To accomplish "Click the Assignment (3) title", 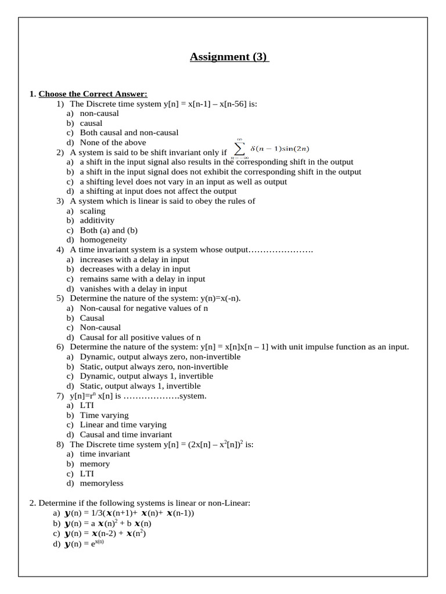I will [229, 57].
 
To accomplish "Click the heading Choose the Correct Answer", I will [93, 94].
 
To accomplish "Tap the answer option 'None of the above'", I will [113, 143].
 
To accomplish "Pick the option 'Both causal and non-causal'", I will [129, 133].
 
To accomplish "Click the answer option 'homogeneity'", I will [103, 240].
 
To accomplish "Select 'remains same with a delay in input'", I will [142, 279].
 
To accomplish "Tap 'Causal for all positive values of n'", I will [140, 338].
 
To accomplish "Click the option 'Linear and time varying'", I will [123, 425].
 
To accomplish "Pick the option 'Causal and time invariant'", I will [125, 434].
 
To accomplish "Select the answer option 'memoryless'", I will [101, 483].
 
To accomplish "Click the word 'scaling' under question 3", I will [92, 211].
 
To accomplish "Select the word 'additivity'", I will [97, 220].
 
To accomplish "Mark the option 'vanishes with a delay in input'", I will [133, 289].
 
